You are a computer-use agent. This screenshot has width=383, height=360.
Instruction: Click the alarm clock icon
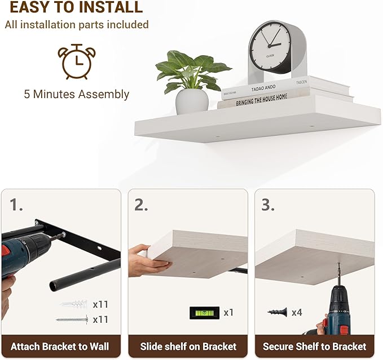77,62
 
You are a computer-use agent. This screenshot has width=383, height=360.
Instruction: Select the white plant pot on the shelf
192,101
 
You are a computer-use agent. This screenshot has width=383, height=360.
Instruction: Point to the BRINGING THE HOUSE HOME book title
261,100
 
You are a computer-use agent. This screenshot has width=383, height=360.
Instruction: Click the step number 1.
16,205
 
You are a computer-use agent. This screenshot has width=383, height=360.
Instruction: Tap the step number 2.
141,205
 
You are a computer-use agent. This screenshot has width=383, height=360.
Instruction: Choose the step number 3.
268,205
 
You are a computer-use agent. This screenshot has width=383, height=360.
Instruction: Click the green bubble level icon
204,313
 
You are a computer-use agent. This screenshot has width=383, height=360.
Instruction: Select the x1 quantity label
228,313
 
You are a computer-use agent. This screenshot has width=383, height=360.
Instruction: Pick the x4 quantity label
297,313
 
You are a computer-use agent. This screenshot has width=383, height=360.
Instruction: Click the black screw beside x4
277,312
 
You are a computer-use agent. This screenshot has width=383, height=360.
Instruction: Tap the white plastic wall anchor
74,304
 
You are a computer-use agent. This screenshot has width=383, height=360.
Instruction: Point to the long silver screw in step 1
72,319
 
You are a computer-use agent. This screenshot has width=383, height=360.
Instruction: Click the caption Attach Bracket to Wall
60,346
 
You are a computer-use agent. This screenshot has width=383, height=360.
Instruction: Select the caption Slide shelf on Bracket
188,346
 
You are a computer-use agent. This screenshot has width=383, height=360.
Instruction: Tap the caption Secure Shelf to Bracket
315,346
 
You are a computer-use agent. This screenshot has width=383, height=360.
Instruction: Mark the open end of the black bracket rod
54,286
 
